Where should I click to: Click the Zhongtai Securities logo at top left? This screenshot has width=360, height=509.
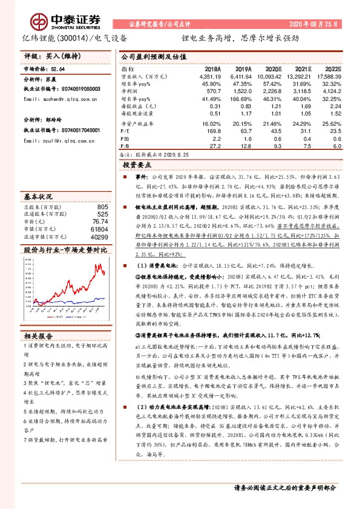click(53, 23)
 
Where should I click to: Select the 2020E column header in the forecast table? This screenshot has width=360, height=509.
click(273, 70)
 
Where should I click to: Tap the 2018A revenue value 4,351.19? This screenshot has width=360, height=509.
click(206, 76)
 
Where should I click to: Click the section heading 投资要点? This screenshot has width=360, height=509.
click(136, 164)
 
